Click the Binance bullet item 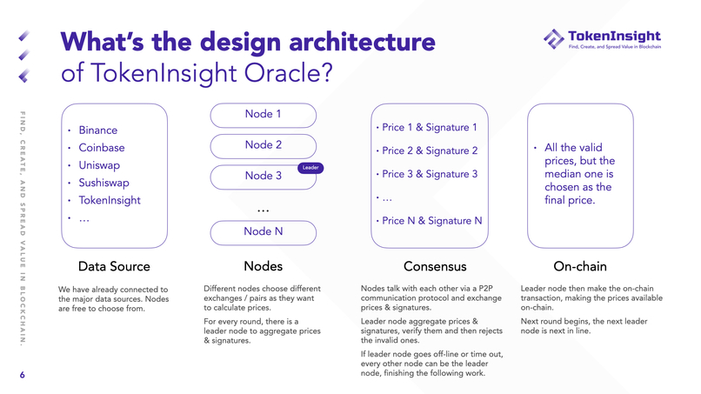(x=97, y=130)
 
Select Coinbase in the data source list (x=101, y=148)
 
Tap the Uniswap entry (x=99, y=165)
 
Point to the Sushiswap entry (x=103, y=183)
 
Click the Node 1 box (x=264, y=114)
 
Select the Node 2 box (x=264, y=145)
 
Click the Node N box (x=264, y=231)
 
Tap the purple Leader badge (x=311, y=167)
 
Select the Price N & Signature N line (x=431, y=221)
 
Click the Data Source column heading (x=114, y=265)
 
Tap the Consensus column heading (x=435, y=265)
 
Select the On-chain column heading (x=580, y=265)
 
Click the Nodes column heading (x=264, y=265)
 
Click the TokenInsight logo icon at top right (x=553, y=38)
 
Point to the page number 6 (x=23, y=376)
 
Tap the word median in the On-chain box (x=564, y=174)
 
